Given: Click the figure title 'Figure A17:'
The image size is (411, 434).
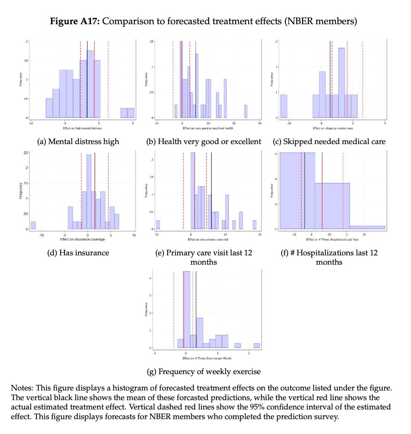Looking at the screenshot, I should [x=74, y=21].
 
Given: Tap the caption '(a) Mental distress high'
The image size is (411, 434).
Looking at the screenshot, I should [x=78, y=141].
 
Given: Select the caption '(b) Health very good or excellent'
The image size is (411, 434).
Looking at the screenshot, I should [x=204, y=141].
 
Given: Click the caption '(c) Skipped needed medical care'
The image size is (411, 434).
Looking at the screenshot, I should [x=329, y=141].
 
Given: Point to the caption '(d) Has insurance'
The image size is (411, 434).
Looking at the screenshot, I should [x=78, y=253].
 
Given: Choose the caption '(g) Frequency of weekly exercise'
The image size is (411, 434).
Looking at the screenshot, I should [x=204, y=371].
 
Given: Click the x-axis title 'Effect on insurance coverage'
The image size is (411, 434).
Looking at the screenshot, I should [x=82, y=239].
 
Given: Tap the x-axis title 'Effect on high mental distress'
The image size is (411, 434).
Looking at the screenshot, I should [x=82, y=128].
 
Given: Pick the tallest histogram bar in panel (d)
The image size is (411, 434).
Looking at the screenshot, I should [x=89, y=191].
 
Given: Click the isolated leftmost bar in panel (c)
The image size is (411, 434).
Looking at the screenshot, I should [x=284, y=106].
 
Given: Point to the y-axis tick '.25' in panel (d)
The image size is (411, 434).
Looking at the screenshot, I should [x=25, y=153].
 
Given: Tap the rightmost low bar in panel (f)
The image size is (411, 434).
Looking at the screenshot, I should [x=367, y=227].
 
